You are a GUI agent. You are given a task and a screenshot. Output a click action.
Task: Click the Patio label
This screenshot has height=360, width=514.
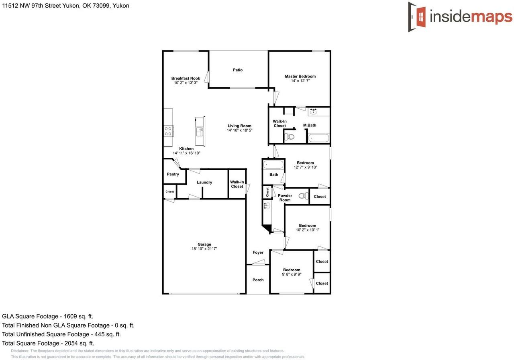(238, 70)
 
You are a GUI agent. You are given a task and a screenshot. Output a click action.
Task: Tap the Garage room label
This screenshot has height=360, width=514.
(204, 244)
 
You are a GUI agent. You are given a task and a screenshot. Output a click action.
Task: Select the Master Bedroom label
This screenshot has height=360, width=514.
(300, 76)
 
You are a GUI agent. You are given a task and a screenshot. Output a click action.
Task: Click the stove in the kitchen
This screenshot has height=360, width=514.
(168, 131)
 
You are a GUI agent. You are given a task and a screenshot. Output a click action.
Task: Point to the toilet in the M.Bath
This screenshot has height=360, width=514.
(289, 137)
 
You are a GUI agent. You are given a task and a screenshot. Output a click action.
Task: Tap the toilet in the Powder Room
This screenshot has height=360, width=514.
(304, 196)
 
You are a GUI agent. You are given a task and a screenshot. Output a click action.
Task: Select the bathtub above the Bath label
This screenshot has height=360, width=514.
(273, 165)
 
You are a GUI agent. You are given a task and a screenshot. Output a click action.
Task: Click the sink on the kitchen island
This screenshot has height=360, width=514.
(199, 131)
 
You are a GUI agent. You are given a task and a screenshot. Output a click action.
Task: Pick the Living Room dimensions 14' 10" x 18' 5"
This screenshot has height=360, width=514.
(239, 130)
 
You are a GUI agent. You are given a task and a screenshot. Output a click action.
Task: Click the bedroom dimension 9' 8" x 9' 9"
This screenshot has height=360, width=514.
(292, 275)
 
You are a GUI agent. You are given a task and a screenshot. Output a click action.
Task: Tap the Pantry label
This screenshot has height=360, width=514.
(173, 174)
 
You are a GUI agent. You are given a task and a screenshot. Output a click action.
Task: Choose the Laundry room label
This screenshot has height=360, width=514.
(204, 182)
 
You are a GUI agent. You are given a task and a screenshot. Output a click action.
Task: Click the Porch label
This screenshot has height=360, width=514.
(258, 280)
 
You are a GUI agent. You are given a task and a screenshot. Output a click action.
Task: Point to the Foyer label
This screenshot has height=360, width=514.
(258, 252)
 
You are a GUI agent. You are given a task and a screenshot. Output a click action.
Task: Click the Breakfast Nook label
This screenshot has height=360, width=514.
(186, 78)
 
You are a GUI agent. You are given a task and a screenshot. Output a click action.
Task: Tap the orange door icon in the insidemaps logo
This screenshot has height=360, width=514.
(420, 17)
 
